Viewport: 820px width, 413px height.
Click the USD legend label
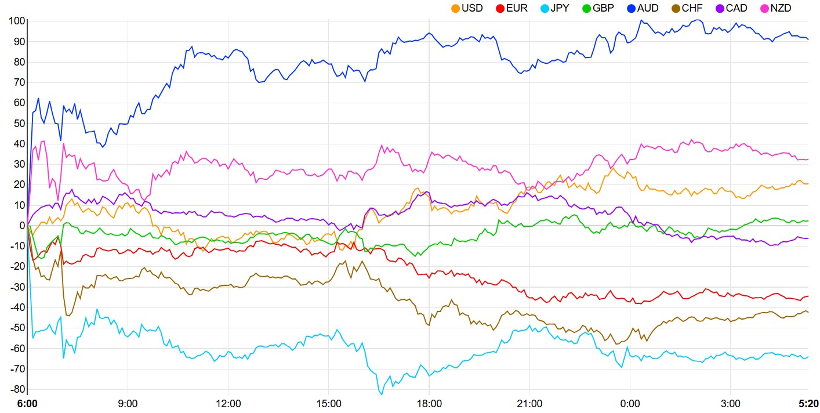point(472,8)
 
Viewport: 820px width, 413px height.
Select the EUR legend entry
point(517,8)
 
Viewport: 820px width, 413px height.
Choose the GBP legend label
point(603,8)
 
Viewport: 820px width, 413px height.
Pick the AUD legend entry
point(647,8)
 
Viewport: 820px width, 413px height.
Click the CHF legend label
point(691,8)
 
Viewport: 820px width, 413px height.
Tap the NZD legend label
point(781,8)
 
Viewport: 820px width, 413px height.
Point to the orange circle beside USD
point(455,8)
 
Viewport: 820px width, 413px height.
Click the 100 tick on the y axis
point(17,21)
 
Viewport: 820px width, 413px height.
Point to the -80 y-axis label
point(17,389)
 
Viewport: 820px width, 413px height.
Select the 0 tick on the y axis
point(21,226)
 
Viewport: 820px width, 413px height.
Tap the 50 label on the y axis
point(19,124)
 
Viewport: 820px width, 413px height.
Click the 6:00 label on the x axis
point(27,403)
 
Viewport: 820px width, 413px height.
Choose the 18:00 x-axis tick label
point(429,403)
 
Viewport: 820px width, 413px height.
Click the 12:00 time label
point(228,403)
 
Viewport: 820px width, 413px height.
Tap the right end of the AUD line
point(808,39)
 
